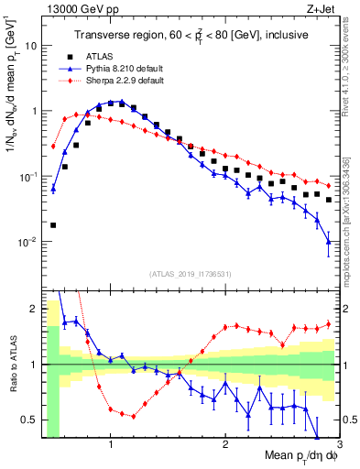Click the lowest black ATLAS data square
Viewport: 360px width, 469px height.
[53, 224]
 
